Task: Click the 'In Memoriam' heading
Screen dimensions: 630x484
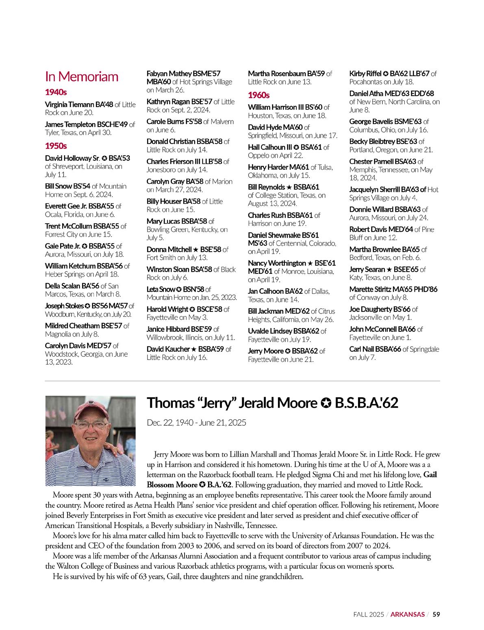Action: [82, 76]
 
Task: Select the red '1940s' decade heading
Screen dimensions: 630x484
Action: [56, 92]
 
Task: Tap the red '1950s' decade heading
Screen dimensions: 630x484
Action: [56, 146]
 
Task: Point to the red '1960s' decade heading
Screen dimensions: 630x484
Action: [258, 95]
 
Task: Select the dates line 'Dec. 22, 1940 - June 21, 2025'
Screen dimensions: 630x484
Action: [196, 423]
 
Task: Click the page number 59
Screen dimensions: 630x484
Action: [436, 615]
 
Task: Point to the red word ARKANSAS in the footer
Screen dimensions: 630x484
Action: [408, 615]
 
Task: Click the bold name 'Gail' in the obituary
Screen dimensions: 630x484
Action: [430, 475]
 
